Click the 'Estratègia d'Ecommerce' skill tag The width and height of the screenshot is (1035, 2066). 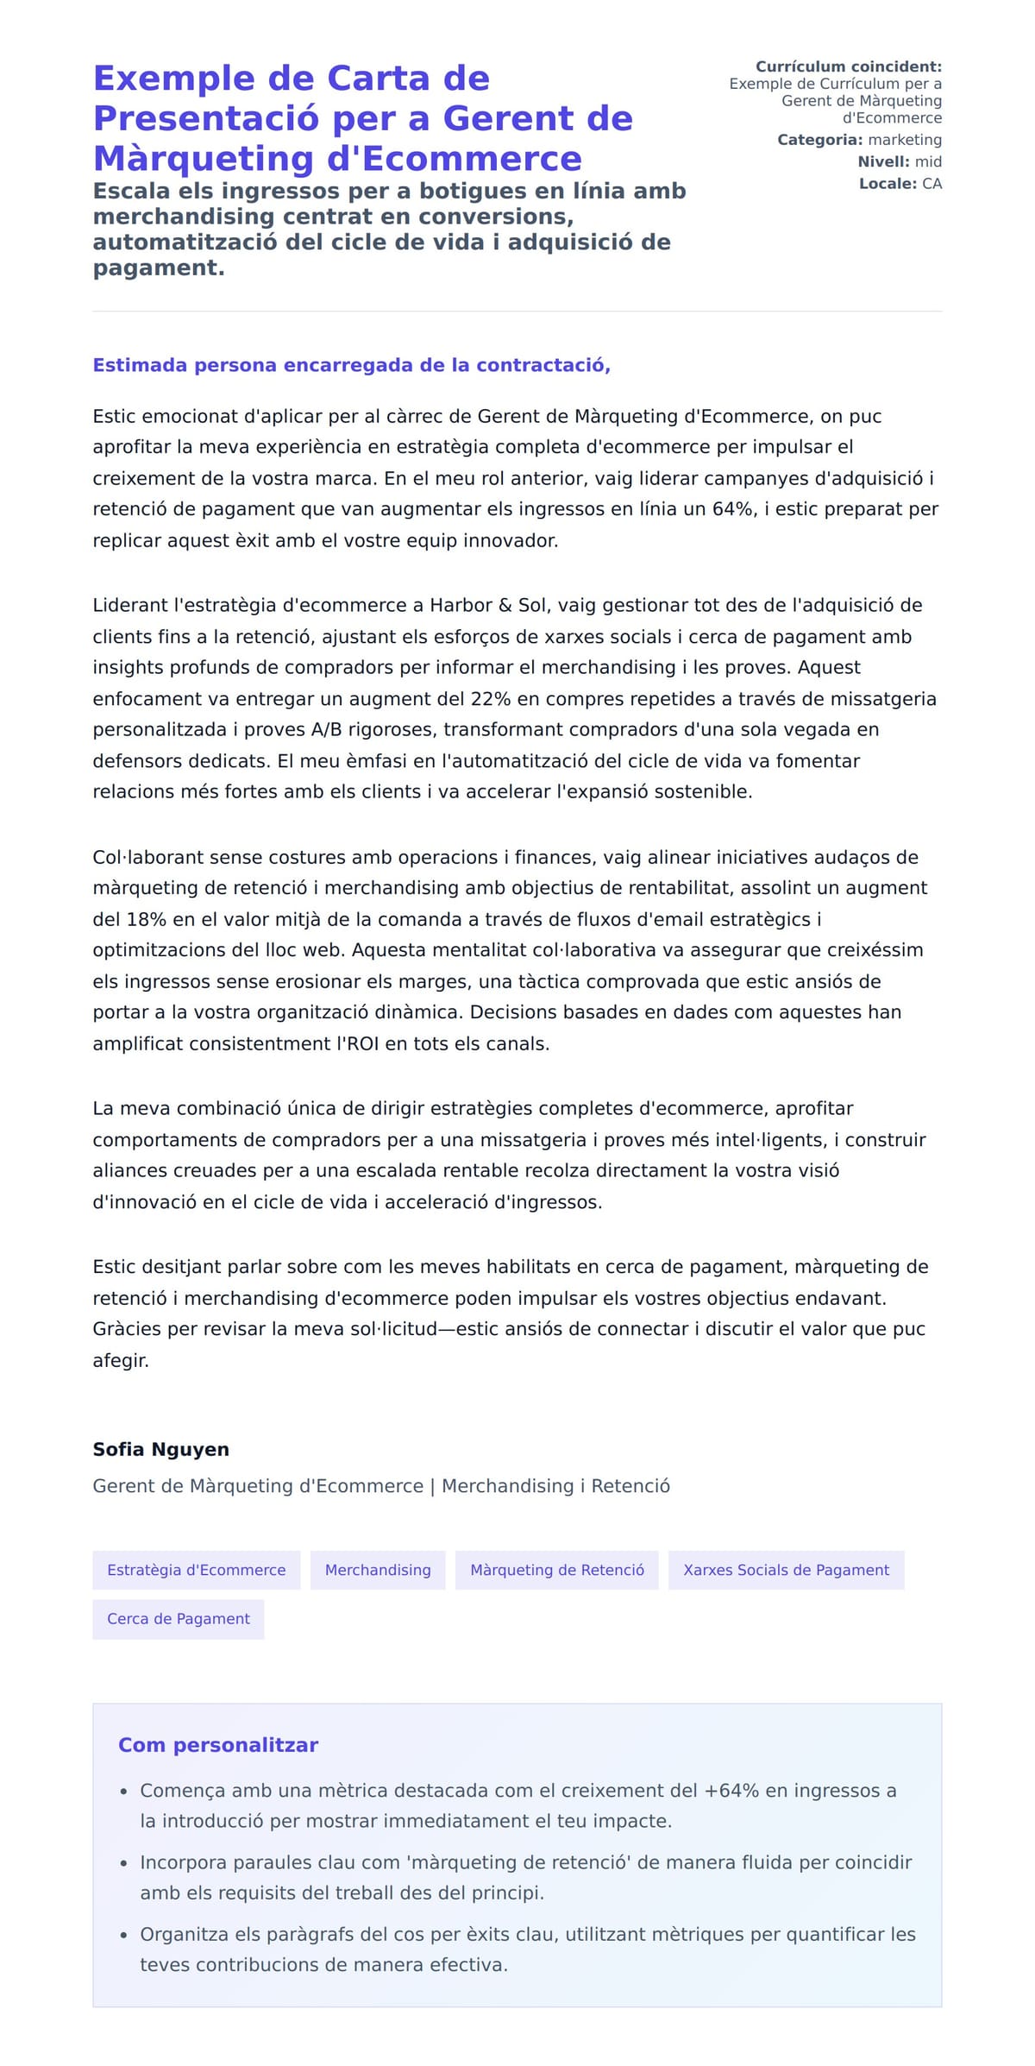pyautogui.click(x=196, y=1570)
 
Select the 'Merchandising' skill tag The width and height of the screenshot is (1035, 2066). pyautogui.click(x=378, y=1570)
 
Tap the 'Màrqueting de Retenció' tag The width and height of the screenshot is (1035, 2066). pyautogui.click(x=556, y=1570)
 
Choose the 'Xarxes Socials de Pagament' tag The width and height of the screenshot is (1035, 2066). pyautogui.click(x=786, y=1570)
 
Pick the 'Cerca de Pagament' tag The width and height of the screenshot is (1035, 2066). pyautogui.click(x=178, y=1619)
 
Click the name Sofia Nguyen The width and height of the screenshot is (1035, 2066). pyautogui.click(x=160, y=1449)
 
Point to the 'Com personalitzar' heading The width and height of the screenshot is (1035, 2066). pyautogui.click(x=218, y=1745)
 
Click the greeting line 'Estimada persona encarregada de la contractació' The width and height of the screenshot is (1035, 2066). pyautogui.click(x=351, y=365)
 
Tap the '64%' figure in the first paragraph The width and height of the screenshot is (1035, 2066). pyautogui.click(x=732, y=509)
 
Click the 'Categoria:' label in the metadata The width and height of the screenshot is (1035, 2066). pyautogui.click(x=819, y=140)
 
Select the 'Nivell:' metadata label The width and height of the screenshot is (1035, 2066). pyautogui.click(x=883, y=161)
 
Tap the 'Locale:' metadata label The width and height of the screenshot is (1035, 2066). pyautogui.click(x=888, y=184)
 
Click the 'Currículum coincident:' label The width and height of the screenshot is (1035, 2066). pyautogui.click(x=849, y=66)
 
